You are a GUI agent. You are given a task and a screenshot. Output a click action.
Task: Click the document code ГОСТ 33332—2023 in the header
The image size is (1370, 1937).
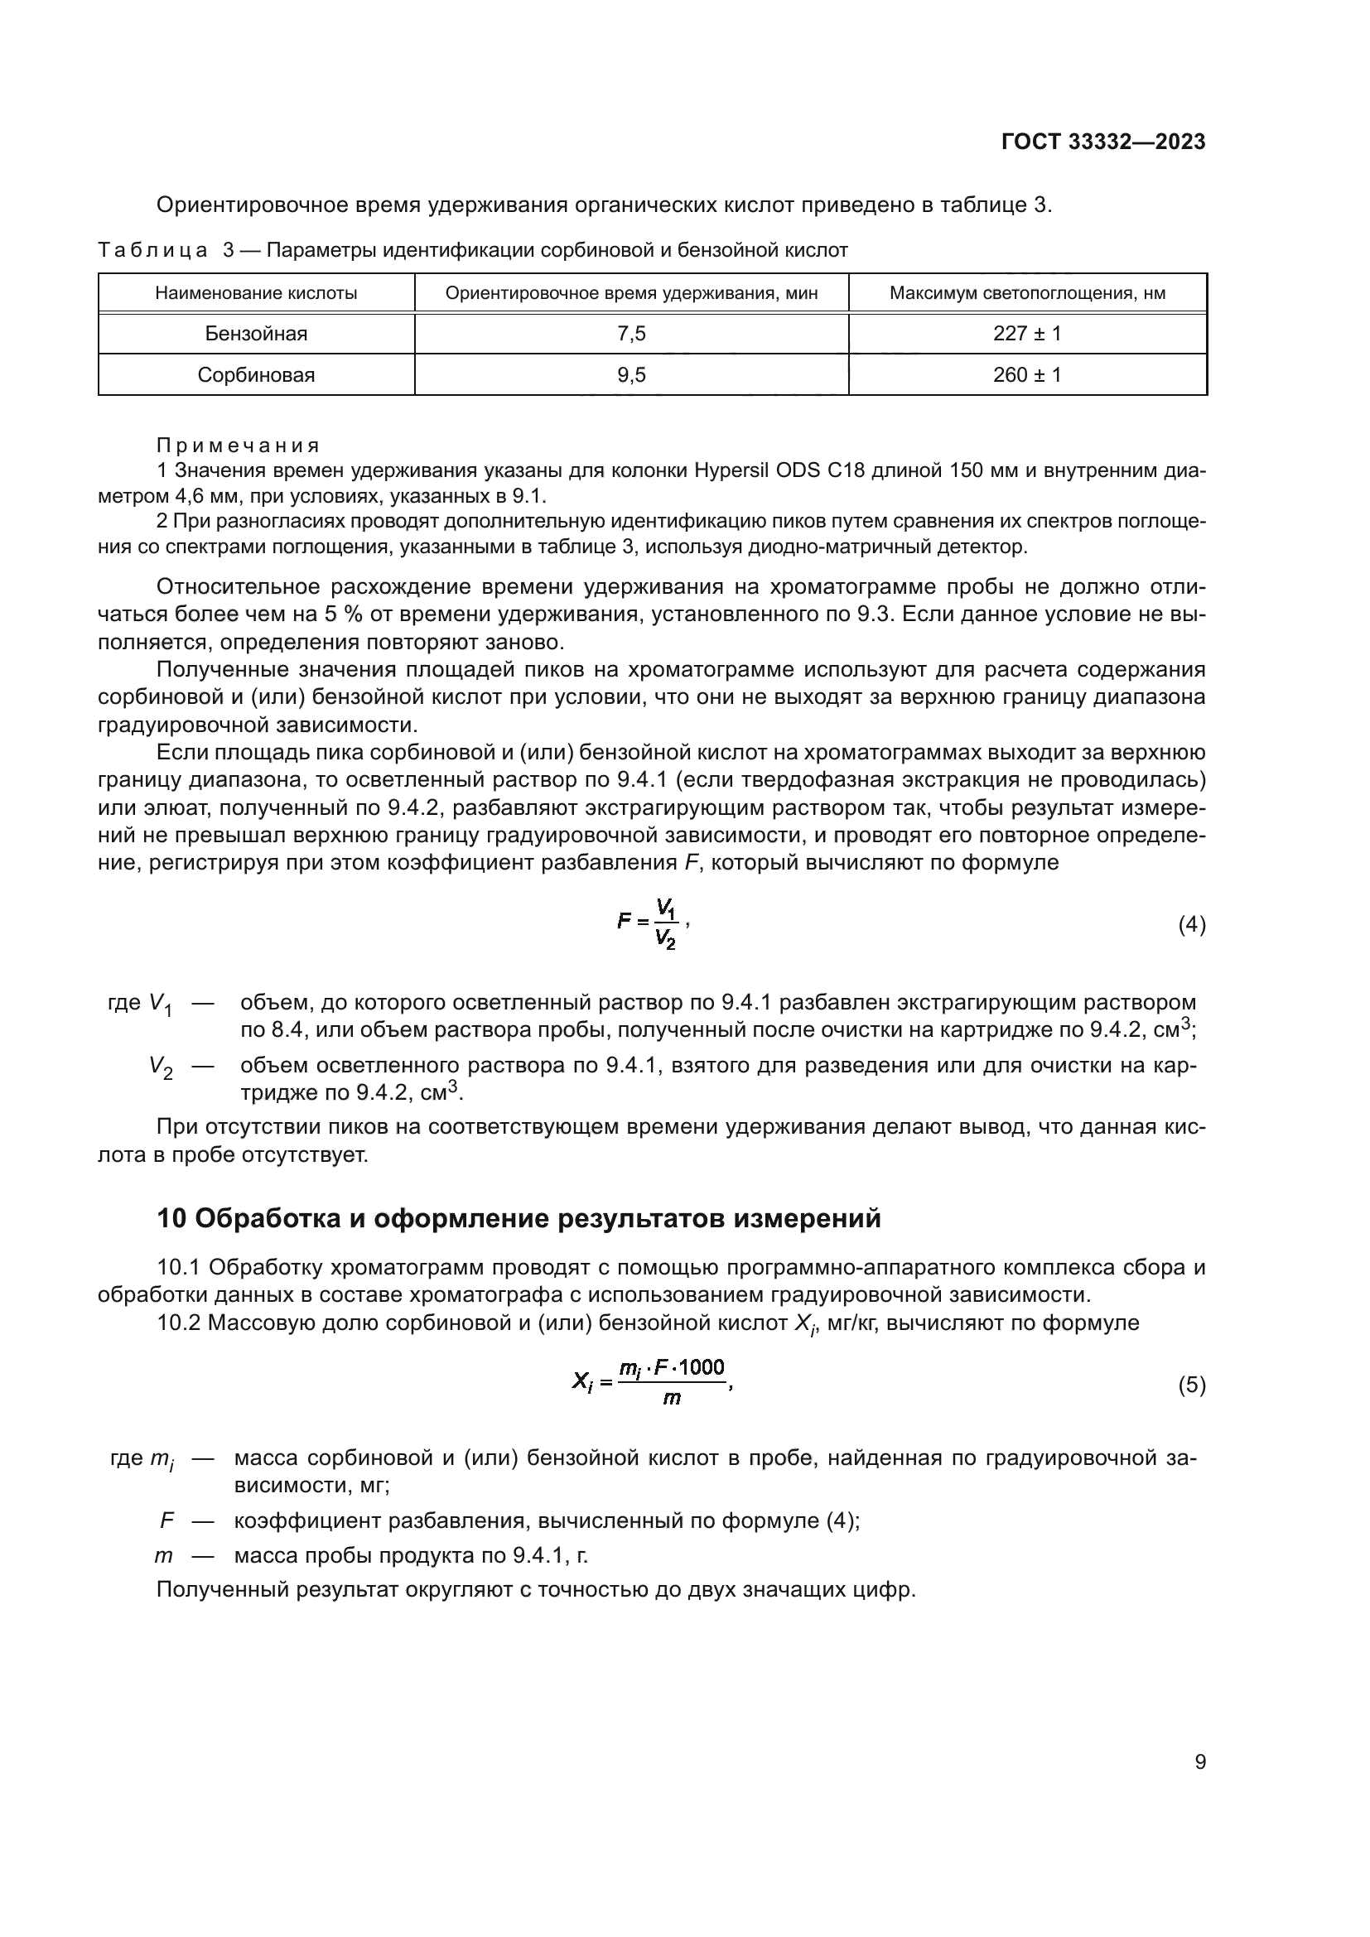coord(1102,142)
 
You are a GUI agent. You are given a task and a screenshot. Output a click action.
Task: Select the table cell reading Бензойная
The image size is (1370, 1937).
coord(257,333)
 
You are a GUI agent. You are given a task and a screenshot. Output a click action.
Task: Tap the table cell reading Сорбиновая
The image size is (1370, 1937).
coord(257,374)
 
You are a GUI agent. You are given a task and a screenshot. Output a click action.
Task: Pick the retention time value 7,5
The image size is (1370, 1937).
coord(631,333)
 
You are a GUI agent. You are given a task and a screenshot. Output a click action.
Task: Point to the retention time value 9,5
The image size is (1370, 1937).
coord(631,374)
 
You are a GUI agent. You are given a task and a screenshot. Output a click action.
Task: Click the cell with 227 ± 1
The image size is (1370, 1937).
coord(1026,333)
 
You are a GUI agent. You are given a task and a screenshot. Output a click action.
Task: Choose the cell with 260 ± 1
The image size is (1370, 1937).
coord(1026,374)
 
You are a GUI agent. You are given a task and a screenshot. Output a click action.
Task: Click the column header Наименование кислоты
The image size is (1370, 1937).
coord(257,294)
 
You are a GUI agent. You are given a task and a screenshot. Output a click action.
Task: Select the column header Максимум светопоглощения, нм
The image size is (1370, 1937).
coord(1026,294)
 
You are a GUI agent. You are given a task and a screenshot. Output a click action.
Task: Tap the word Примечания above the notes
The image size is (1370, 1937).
coord(239,446)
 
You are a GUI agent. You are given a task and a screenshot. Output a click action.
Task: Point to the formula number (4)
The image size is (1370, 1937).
coord(1191,925)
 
